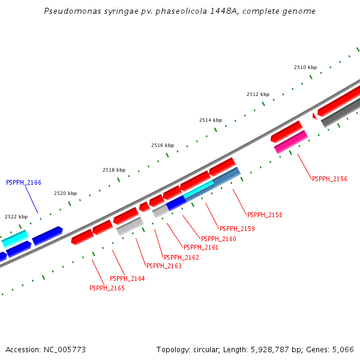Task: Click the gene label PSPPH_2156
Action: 329,179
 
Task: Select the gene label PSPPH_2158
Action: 265,215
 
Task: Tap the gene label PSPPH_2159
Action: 237,229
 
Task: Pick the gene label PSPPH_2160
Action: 218,239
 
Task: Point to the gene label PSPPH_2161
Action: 201,247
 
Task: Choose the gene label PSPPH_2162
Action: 181,257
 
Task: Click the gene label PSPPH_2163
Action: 164,266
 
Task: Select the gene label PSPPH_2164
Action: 127,278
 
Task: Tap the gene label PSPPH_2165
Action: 107,288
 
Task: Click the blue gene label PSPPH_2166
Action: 23,182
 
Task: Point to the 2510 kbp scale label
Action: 305,68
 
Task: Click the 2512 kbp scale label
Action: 258,95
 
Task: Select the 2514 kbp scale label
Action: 211,121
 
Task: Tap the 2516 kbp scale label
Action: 163,146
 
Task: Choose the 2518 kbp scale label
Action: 114,170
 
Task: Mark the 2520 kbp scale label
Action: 65,193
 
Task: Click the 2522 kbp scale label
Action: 16,217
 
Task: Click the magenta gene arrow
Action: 291,142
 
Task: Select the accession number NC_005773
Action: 64,349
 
